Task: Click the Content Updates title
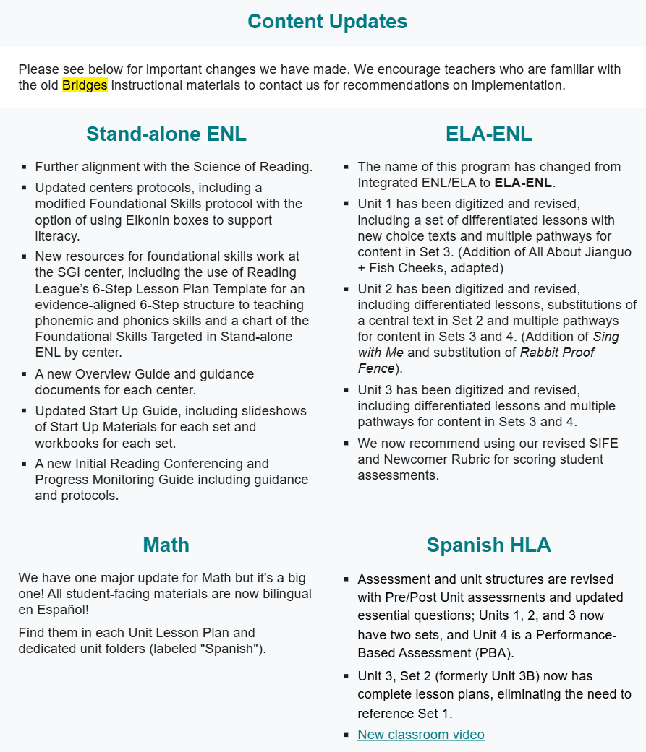[327, 22]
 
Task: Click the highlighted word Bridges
[85, 85]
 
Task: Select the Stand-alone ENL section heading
[166, 134]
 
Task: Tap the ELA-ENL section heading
[489, 134]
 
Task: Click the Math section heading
[166, 545]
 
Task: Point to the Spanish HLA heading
[489, 545]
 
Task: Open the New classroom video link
[421, 735]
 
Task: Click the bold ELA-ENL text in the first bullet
[523, 183]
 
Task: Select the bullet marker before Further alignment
[25, 168]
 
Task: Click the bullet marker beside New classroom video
[347, 735]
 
